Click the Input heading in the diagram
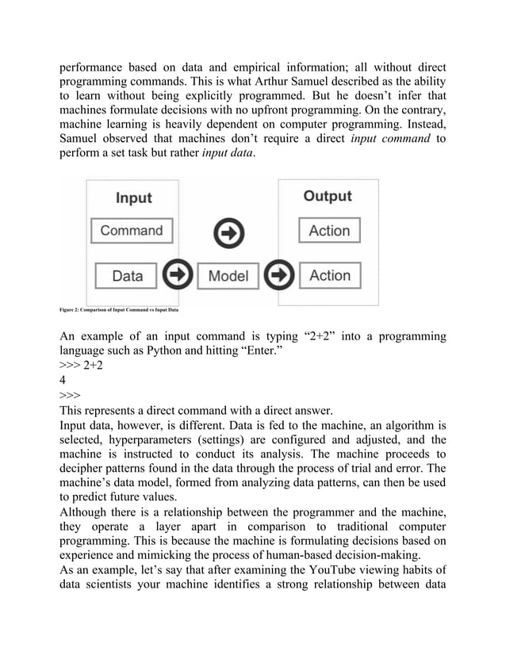coord(133,197)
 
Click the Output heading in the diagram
coord(328,196)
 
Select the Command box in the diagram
coord(132,231)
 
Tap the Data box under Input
coord(127,276)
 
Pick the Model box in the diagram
coord(228,276)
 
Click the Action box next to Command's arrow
coord(329,231)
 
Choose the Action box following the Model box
coord(329,276)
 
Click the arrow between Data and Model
coord(178,276)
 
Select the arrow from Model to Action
coord(279,276)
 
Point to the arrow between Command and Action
coord(229,232)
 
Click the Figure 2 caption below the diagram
coord(120,308)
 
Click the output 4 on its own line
coord(63,380)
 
